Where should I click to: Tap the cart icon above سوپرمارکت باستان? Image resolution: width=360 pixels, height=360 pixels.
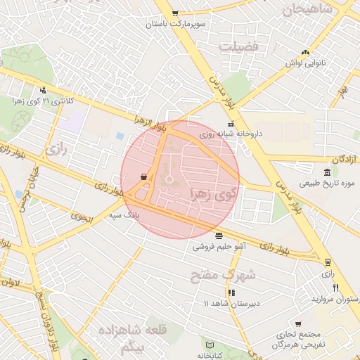point(175,13)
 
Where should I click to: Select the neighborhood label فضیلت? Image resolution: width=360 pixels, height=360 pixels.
point(238,47)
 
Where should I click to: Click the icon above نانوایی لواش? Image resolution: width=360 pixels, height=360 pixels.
point(304,52)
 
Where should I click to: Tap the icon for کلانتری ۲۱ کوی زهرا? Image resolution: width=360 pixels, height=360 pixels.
point(44,90)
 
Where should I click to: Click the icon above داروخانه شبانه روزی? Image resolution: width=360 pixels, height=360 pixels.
point(231,125)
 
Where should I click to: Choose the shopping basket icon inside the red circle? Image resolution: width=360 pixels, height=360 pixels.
point(144,177)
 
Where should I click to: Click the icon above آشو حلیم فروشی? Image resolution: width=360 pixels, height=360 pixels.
point(219,236)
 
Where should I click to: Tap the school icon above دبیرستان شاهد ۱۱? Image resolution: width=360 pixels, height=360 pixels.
point(231,292)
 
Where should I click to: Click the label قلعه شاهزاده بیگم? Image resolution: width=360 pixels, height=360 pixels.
point(121,338)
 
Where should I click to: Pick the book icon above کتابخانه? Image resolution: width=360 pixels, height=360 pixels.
point(210,345)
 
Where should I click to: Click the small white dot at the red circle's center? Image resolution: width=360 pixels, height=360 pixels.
point(169,179)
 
